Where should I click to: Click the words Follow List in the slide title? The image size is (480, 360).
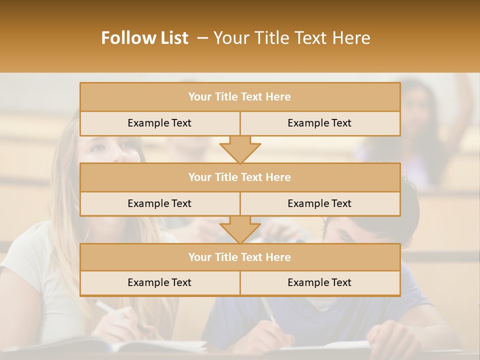point(144,38)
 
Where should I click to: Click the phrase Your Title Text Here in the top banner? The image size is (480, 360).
point(291,38)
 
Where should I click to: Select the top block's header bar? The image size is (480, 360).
point(240,97)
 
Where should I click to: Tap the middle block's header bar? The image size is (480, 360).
point(240,177)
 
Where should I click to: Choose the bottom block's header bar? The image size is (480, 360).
point(240,257)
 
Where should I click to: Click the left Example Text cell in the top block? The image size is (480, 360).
point(159,123)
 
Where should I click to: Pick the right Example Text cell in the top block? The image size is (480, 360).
point(319,123)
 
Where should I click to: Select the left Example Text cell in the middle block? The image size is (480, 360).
point(159,203)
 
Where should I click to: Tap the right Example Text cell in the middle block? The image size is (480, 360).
point(319,203)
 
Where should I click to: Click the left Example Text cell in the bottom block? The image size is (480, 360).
point(159,282)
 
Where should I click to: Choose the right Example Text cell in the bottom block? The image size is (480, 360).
point(319,282)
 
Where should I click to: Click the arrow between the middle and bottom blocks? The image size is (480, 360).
point(240,230)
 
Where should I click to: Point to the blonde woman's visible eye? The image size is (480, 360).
point(98,147)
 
